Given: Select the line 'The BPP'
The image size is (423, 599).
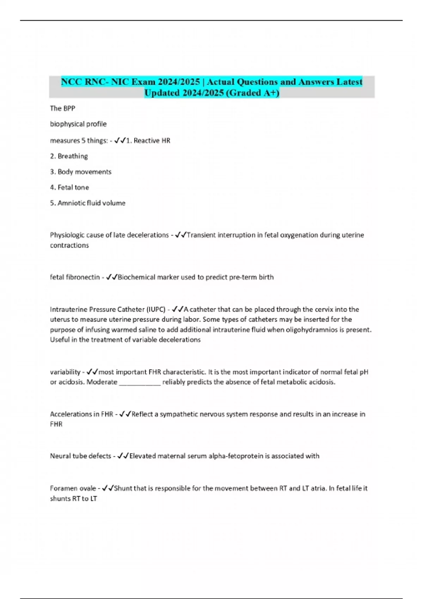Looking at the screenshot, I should [62, 109].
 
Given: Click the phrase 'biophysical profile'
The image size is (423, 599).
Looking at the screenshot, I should [78, 124].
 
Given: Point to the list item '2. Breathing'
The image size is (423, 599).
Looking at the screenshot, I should [69, 156].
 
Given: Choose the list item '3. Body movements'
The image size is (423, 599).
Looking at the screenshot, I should [81, 172].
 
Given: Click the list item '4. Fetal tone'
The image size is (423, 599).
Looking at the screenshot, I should [69, 187].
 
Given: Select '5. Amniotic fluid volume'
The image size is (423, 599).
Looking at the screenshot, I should [88, 203].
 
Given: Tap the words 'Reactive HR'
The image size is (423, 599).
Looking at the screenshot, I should [152, 141].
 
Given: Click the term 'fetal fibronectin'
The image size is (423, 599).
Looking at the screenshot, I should [75, 277].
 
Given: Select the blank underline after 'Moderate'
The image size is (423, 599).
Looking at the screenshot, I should [140, 382].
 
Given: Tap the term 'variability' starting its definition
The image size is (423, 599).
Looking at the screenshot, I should [65, 372].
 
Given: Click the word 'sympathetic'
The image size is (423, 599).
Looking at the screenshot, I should [179, 414].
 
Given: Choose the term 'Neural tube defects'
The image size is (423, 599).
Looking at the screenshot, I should [80, 456].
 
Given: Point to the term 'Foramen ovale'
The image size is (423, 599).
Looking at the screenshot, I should [73, 488].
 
